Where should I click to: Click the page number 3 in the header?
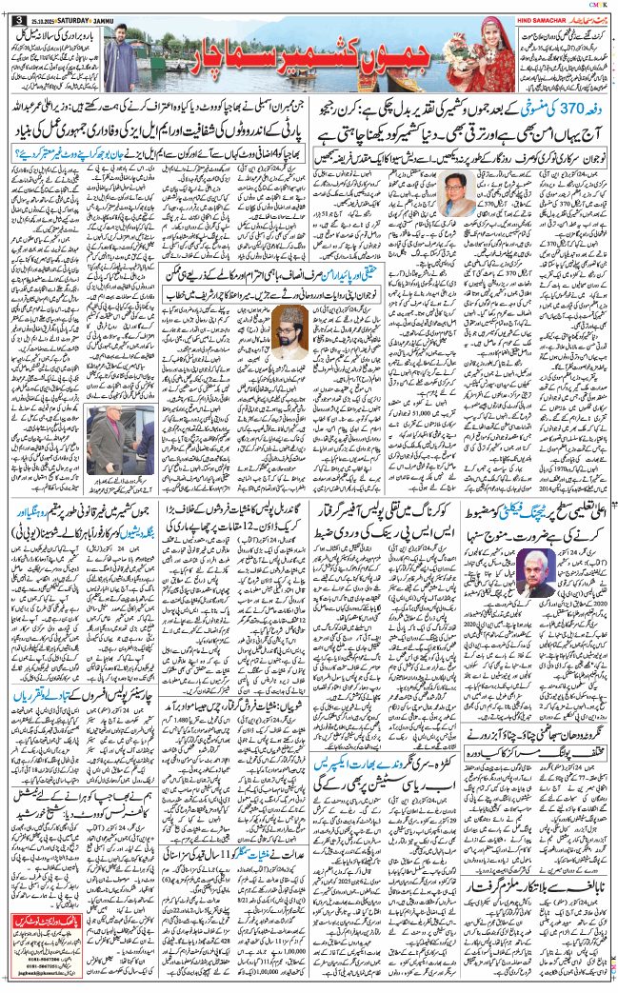[x=10, y=10]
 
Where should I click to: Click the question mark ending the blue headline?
[x=21, y=152]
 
